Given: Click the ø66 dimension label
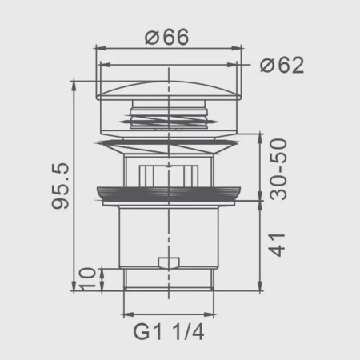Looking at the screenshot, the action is [167, 37].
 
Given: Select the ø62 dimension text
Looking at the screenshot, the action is [282, 65].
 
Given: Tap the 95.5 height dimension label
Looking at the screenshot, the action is [60, 186].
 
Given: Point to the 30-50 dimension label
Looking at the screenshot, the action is [278, 169].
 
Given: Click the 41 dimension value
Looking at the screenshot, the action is [277, 245].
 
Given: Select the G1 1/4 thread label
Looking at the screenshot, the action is [169, 332].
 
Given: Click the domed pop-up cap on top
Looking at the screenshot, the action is [169, 90].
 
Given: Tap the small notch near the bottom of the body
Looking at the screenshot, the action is [169, 262].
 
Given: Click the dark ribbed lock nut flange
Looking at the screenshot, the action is [169, 194].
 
